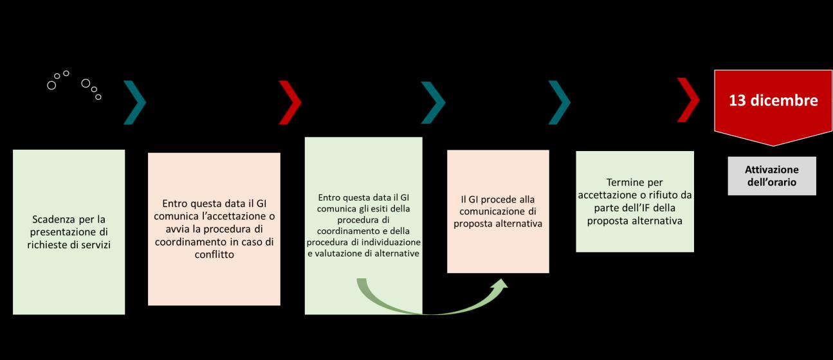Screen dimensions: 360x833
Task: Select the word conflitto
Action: (x=214, y=254)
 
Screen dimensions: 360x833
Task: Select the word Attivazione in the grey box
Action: (x=771, y=170)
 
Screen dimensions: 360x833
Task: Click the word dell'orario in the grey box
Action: (x=771, y=182)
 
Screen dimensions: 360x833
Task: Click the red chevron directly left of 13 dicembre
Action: (x=689, y=100)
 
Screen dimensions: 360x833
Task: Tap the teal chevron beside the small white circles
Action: (x=135, y=102)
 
